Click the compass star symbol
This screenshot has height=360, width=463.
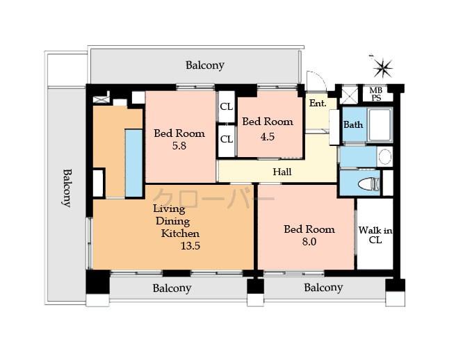pos(382,68)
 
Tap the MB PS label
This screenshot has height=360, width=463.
pos(375,94)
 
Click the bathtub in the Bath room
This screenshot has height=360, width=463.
pos(379,125)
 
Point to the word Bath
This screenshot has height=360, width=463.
pos(352,125)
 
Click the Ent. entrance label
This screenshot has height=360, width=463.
pos(318,104)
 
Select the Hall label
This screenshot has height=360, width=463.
pos(282,172)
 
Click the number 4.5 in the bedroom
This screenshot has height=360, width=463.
pos(267,136)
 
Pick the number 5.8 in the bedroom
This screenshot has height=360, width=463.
pos(179,147)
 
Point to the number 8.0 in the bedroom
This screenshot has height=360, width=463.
pos(309,242)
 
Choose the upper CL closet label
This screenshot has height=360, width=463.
pos(227,107)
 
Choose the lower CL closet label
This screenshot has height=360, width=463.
pos(227,138)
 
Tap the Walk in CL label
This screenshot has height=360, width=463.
pos(375,235)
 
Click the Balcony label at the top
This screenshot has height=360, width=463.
pos(204,65)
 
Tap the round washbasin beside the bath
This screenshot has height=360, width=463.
pos(384,157)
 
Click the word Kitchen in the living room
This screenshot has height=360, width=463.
pos(180,234)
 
